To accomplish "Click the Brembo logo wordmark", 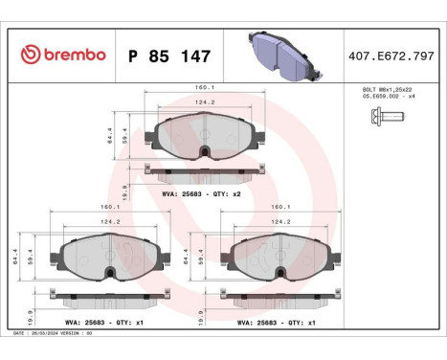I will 62,55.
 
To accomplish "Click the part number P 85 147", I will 169,56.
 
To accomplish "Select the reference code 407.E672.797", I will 393,56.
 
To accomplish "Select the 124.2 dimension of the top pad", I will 201,103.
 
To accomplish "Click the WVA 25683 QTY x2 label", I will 201,194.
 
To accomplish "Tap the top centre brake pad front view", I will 201,139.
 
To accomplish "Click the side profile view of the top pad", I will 201,172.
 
